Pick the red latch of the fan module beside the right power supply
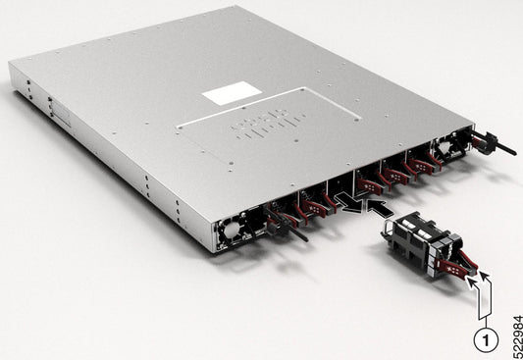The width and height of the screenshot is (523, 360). click(428, 161)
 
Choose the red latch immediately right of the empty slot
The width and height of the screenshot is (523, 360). click(366, 180)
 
